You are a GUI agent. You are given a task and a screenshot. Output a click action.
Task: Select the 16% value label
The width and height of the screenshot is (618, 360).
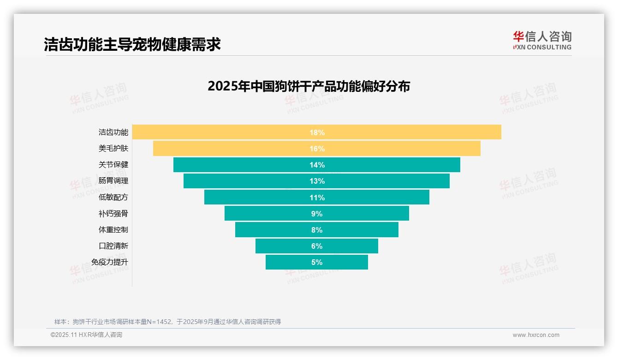tap(317, 149)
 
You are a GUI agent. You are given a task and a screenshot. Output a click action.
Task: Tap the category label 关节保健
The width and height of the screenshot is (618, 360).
tap(113, 165)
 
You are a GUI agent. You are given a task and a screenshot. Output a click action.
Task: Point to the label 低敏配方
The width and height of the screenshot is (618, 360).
tap(113, 197)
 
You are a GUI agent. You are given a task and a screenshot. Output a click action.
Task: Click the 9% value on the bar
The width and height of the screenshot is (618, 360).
tap(317, 214)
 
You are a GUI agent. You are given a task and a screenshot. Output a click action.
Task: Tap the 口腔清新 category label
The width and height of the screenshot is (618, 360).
tap(113, 246)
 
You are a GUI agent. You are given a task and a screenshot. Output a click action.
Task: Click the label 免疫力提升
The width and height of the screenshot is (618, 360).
tap(110, 262)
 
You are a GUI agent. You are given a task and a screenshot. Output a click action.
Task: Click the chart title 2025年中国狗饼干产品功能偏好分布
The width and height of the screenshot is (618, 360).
tap(309, 86)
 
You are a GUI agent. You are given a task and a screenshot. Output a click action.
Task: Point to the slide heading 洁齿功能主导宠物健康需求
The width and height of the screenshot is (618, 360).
tap(132, 44)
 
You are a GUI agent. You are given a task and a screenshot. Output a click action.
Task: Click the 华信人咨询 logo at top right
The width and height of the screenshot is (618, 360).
tap(542, 40)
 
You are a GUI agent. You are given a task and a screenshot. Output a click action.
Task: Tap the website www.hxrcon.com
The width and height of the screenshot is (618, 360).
tap(536, 335)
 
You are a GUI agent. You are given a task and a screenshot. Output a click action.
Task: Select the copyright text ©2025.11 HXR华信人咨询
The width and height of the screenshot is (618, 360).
tap(86, 335)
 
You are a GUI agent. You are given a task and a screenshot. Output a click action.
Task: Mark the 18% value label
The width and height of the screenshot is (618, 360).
tap(317, 132)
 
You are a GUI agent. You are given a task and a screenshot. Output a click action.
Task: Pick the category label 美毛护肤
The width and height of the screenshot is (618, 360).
tap(113, 149)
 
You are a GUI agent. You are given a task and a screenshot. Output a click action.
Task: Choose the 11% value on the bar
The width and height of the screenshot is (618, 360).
tap(317, 198)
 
